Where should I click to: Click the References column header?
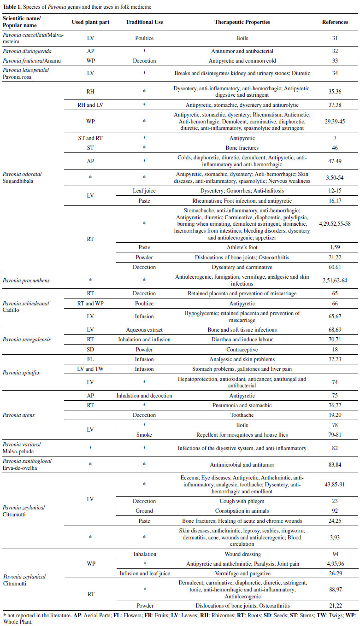[x=334, y=22]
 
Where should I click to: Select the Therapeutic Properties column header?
[x=242, y=22]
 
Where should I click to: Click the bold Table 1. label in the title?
[x=14, y=7]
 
